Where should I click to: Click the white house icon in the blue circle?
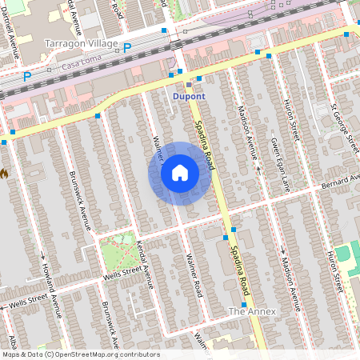pos(180,173)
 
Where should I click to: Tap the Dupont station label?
pos(189,96)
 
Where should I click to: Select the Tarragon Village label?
pos(82,43)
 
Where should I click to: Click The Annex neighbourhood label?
pos(252,310)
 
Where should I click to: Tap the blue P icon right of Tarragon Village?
pos(126,48)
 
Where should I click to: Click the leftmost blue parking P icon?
pos(26,77)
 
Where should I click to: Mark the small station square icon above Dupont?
pos(189,83)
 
